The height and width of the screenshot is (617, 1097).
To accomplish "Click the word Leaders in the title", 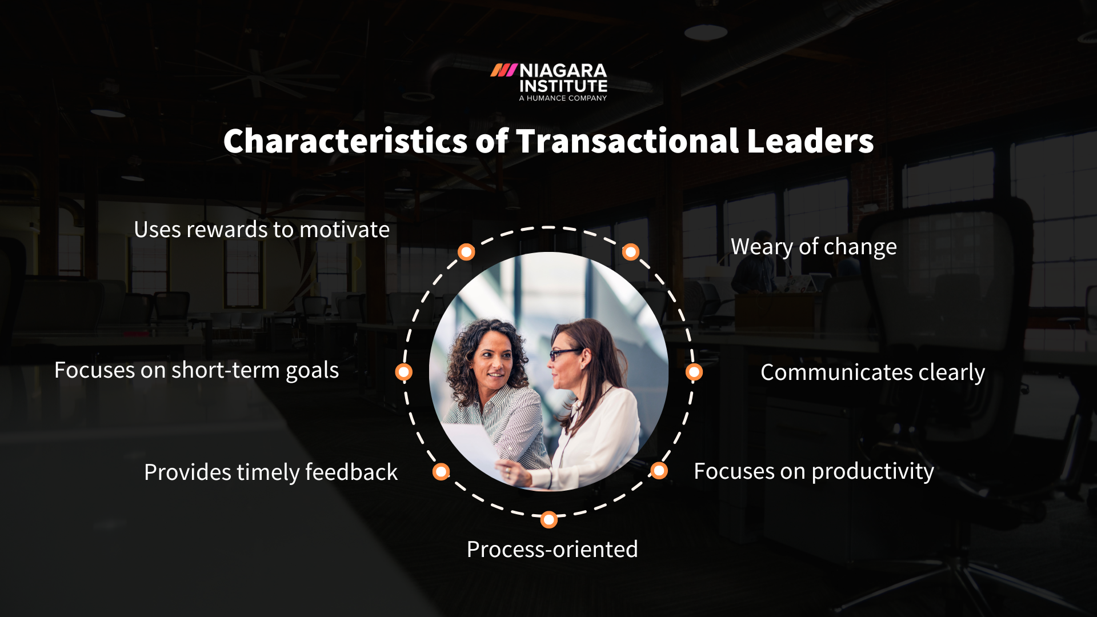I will (x=810, y=141).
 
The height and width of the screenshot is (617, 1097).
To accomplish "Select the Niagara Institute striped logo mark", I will (x=503, y=70).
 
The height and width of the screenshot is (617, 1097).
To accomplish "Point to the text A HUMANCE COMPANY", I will (x=563, y=98).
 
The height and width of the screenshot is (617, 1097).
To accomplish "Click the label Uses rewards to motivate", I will (x=262, y=230).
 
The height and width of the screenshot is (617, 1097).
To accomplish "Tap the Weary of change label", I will (x=814, y=247).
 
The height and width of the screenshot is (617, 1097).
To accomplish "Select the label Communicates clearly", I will (x=872, y=372).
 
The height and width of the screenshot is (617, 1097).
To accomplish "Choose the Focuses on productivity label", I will (x=814, y=471).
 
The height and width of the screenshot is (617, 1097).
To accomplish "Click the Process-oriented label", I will (x=552, y=550).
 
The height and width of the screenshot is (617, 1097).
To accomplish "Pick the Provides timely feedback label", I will (x=271, y=472).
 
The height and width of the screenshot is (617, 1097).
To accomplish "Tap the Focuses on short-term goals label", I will (x=197, y=370).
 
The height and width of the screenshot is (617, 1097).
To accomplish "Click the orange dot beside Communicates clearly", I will (x=694, y=372).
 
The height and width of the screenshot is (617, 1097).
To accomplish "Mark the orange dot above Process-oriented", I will (x=548, y=520).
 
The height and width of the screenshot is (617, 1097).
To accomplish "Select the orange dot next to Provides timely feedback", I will (x=441, y=472).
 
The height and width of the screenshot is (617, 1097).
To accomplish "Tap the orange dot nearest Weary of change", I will (x=630, y=252).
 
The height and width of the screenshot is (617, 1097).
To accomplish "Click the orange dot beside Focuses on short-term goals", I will (x=404, y=372).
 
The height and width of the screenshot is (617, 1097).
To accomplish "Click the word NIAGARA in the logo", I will (x=563, y=71).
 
